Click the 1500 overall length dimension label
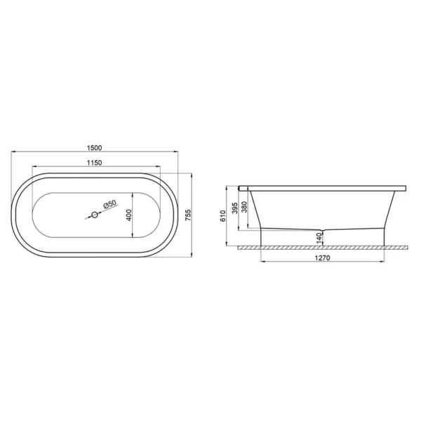coord(95,147)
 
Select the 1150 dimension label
coord(95,163)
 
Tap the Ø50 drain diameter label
coord(110,203)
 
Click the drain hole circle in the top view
coord(95,215)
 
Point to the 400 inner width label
coord(129,215)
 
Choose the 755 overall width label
coord(188,215)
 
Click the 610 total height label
coord(223,216)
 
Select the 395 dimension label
coord(235,208)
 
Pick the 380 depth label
coord(244,207)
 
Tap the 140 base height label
coord(319,238)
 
